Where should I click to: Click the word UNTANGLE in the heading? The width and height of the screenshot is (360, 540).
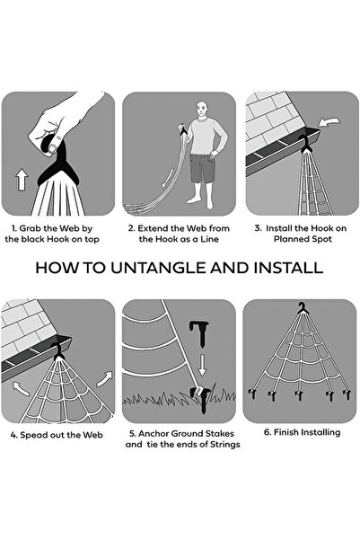coord(159,268)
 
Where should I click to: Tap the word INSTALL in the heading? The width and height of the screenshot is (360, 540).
coord(288,268)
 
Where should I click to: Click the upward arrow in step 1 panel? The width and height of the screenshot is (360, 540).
coord(22,180)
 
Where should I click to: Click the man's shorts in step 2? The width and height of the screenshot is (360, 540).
coord(202,168)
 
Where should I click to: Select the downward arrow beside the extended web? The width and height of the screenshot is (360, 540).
coord(168,178)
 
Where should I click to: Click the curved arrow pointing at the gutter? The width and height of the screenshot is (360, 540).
coord(329,121)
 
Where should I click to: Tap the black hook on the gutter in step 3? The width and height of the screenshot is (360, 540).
coord(305,144)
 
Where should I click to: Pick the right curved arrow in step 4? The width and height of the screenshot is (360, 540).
coord(104,379)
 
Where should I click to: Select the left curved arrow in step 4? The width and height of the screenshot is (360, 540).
coord(21,388)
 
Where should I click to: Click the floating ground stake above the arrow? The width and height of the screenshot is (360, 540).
coord(199,332)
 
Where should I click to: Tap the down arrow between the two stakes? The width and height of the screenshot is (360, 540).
coord(202,365)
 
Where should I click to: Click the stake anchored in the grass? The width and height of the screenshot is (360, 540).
coord(202,399)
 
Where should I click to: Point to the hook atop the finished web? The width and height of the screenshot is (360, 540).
coord(303,308)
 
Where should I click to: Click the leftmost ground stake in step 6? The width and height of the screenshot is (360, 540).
coord(252,394)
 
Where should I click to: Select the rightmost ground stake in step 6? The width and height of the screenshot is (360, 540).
coord(347,394)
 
